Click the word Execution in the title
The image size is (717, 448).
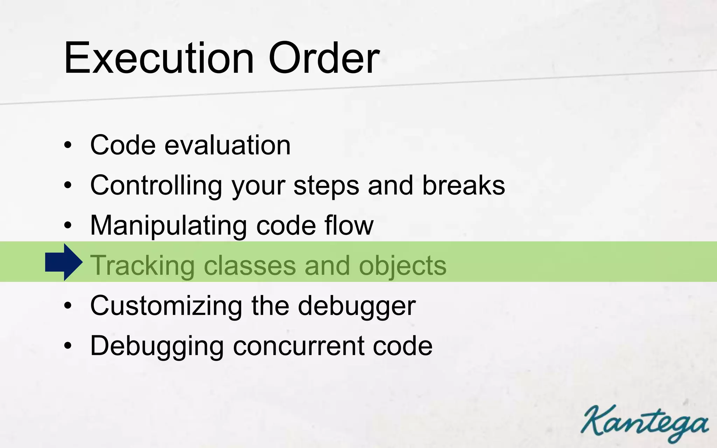click(x=159, y=58)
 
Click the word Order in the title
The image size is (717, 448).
click(x=324, y=58)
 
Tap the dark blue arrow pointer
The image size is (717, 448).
click(x=64, y=262)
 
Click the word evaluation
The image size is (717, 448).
click(x=228, y=145)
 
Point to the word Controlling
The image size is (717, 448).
click(x=156, y=185)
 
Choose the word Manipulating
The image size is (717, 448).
click(x=168, y=226)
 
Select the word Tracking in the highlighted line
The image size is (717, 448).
click(x=142, y=265)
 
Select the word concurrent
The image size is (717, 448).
click(x=298, y=346)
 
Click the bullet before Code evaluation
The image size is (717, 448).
click(x=68, y=145)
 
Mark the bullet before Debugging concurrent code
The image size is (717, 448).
click(x=68, y=346)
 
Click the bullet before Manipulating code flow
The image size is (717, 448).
click(x=68, y=226)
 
